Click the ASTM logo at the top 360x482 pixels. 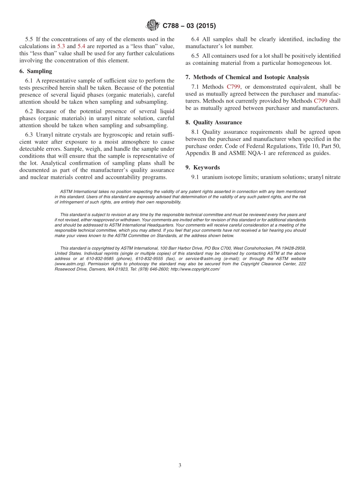tap(153, 26)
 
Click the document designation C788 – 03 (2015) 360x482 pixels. tap(189, 26)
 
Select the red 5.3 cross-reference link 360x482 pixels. tap(61, 46)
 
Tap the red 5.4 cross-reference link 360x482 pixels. tap(81, 46)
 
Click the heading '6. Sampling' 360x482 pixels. tap(36, 71)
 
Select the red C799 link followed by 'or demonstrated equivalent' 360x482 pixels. tap(233, 87)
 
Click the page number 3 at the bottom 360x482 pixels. tap(180, 465)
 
